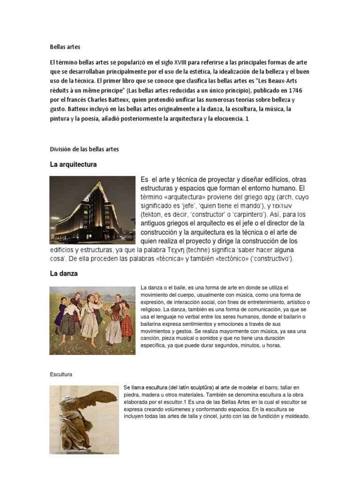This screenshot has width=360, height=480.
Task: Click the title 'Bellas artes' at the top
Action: [65, 46]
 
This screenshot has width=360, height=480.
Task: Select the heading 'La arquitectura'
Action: [73, 165]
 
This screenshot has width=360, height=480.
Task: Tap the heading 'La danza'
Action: [64, 273]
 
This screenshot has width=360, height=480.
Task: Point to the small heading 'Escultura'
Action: [61, 374]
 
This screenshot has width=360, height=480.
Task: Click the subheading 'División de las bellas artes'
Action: [84, 149]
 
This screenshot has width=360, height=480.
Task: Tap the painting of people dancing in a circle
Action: [92, 320]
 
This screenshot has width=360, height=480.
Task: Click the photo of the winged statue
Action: [83, 420]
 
